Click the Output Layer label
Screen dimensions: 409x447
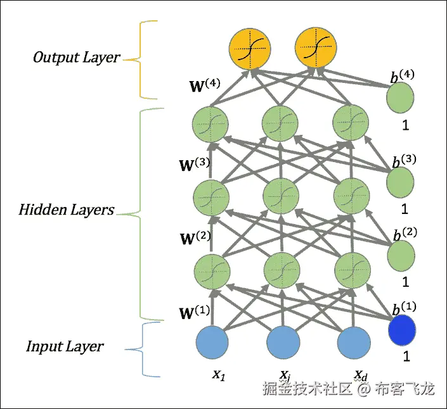click(x=76, y=58)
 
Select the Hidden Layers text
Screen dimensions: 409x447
click(x=67, y=210)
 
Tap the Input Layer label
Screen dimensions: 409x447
click(x=65, y=346)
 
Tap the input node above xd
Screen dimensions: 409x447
click(x=353, y=342)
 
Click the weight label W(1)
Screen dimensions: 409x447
click(x=194, y=313)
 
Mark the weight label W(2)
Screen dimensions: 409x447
click(x=195, y=239)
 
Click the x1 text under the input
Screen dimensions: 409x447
click(x=219, y=374)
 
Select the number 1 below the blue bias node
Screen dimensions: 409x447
click(x=406, y=356)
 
